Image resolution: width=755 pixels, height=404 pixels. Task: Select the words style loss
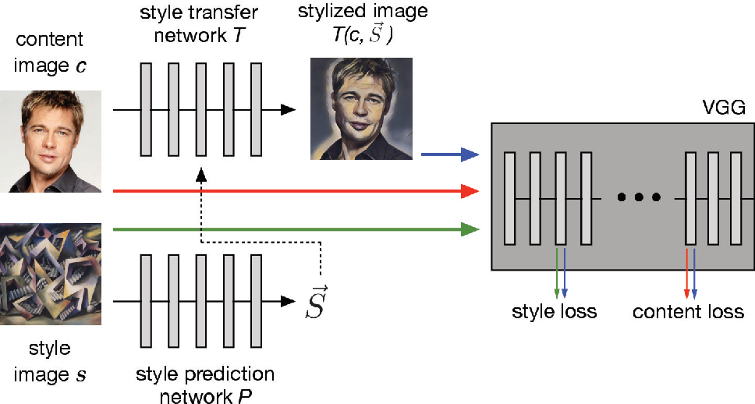(x=554, y=312)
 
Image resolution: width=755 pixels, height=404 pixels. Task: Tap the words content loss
(x=688, y=312)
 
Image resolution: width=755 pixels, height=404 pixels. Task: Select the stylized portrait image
(x=361, y=108)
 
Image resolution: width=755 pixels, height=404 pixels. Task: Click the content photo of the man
(x=50, y=141)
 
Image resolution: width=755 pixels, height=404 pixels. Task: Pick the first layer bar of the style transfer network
(x=146, y=109)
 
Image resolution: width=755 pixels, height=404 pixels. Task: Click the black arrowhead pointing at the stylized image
(x=288, y=109)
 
